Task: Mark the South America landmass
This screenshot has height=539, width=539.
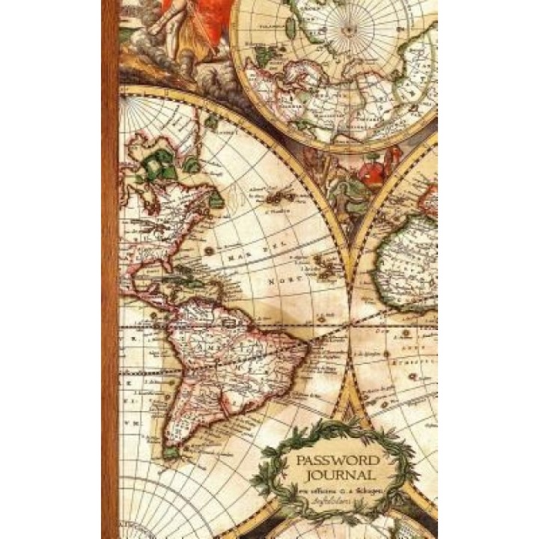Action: [225, 359]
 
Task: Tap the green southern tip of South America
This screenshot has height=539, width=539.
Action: [174, 451]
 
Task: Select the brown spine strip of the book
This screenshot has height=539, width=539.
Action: [110, 269]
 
